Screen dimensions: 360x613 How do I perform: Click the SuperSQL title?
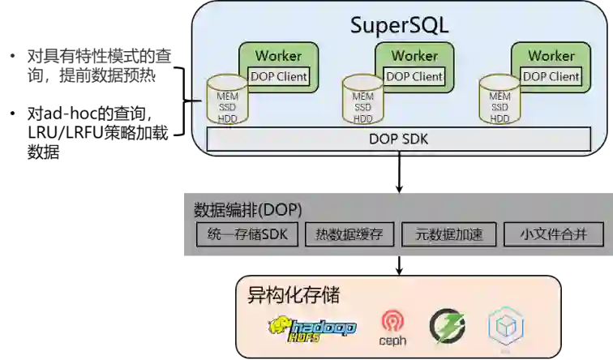pyautogui.click(x=399, y=24)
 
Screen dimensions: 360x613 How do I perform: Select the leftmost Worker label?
pyautogui.click(x=278, y=56)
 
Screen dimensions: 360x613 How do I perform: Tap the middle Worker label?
pyautogui.click(x=414, y=56)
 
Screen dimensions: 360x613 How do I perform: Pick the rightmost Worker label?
pyautogui.click(x=551, y=56)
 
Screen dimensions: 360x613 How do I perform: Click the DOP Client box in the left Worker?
pyautogui.click(x=278, y=76)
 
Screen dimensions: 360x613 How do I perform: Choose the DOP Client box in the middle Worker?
pyautogui.click(x=414, y=76)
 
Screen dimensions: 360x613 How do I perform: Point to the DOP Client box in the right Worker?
pyautogui.click(x=551, y=76)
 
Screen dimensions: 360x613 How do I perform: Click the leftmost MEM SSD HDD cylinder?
pyautogui.click(x=227, y=101)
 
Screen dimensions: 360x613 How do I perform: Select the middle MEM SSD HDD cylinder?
pyautogui.click(x=362, y=101)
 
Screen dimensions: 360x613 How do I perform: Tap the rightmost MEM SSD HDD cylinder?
pyautogui.click(x=499, y=101)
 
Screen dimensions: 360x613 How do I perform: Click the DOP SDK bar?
pyautogui.click(x=398, y=139)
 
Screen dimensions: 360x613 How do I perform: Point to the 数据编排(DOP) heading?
pyautogui.click(x=248, y=209)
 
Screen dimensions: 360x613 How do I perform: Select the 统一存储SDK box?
pyautogui.click(x=248, y=235)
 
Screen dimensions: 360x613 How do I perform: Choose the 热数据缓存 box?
pyautogui.click(x=349, y=235)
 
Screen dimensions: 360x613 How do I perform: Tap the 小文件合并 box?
pyautogui.click(x=554, y=235)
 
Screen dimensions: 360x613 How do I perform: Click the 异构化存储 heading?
pyautogui.click(x=293, y=294)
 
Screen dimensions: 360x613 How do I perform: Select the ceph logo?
pyautogui.click(x=392, y=328)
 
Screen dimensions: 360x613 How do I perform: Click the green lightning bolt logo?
pyautogui.click(x=447, y=326)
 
